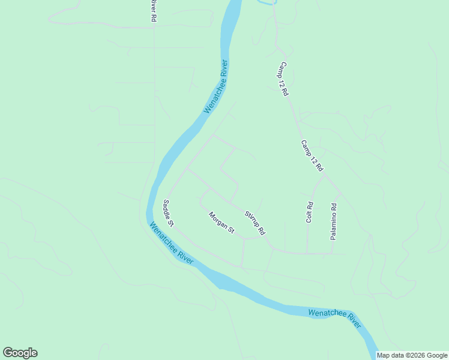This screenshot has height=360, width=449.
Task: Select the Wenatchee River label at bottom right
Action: click(x=334, y=318)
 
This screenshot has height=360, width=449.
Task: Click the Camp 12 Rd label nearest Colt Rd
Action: click(x=312, y=156)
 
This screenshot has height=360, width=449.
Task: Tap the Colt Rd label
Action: click(x=310, y=212)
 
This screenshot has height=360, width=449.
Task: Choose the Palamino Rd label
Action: click(x=334, y=221)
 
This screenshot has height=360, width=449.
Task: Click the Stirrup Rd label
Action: click(x=255, y=223)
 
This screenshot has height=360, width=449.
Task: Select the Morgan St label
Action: click(x=221, y=223)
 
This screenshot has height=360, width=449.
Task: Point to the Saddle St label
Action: click(x=168, y=214)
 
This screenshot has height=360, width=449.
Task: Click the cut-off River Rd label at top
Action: click(x=153, y=11)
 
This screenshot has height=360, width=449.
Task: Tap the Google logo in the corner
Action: click(x=20, y=353)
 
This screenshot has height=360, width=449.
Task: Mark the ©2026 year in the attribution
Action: click(x=417, y=355)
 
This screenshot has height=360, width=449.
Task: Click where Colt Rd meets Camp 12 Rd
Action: click(x=314, y=186)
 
